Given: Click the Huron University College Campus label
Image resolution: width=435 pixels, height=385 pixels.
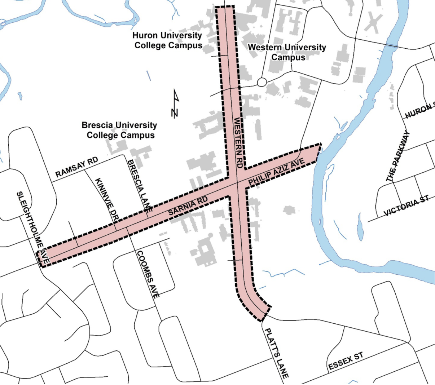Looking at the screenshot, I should [x=168, y=40].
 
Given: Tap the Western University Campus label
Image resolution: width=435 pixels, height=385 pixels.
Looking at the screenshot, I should [x=287, y=52].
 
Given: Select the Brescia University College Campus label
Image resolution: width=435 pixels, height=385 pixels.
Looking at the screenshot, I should [x=120, y=130].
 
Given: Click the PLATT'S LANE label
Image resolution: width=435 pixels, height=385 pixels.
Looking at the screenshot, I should [x=277, y=353].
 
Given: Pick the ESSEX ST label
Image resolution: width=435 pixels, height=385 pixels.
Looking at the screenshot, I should [x=346, y=362].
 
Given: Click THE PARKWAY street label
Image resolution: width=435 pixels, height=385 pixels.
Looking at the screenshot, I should [x=398, y=156].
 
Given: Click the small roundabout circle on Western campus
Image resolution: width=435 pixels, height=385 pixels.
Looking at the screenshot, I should [x=262, y=82].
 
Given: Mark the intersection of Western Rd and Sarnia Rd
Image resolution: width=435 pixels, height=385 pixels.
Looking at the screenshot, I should [x=237, y=183].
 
